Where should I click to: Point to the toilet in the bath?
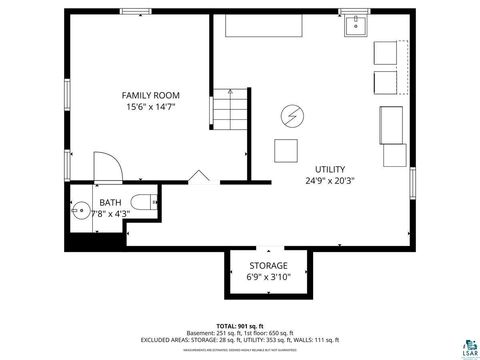(142, 203)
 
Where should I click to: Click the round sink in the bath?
(80, 213)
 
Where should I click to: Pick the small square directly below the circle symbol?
(286, 151)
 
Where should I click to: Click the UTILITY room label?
(331, 169)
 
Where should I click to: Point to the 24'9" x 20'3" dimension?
(331, 182)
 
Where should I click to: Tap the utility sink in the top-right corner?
(356, 27)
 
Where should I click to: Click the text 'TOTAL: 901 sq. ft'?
(240, 325)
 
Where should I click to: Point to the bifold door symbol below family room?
(198, 177)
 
